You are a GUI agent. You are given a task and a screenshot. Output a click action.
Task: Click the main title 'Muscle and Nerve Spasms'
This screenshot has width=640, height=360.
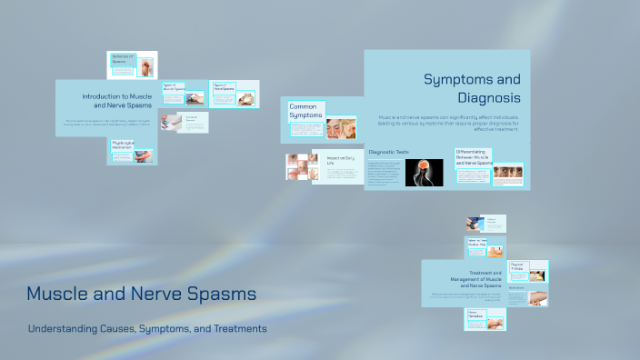(x=141, y=295)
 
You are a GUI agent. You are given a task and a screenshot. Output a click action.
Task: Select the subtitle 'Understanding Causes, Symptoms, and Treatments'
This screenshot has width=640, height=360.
(x=147, y=328)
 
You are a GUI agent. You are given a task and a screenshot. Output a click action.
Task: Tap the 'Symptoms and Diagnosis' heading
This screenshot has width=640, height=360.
(x=472, y=88)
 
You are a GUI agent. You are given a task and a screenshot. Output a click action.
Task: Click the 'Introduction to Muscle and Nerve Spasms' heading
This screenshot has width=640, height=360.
(x=116, y=100)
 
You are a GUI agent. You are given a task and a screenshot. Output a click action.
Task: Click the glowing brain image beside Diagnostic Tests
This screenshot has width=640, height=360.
(x=424, y=172)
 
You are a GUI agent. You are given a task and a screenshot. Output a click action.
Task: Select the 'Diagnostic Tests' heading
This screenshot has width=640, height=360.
(x=389, y=152)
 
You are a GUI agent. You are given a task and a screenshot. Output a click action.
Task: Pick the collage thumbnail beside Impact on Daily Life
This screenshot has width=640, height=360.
(x=302, y=166)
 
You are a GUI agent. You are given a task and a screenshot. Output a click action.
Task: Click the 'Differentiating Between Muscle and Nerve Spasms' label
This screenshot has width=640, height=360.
(x=474, y=158)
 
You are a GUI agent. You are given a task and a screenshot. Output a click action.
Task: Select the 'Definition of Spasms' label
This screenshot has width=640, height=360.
(x=123, y=59)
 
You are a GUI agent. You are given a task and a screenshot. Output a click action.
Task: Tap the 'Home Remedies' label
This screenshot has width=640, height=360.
(x=478, y=314)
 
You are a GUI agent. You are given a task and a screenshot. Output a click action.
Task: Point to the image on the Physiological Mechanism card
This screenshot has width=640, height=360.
(x=143, y=155)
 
